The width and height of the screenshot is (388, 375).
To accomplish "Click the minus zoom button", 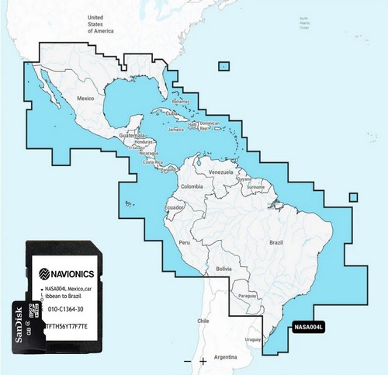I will (x=187, y=362).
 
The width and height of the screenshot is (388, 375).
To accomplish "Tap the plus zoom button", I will (x=203, y=362).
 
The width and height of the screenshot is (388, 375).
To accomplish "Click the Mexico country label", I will (x=85, y=99).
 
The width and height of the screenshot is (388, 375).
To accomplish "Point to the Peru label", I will (x=185, y=244).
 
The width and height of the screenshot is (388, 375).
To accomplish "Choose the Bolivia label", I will (x=224, y=268).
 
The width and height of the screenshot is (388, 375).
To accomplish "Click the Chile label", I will (x=204, y=321).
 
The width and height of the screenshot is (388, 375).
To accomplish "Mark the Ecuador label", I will (x=174, y=208).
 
